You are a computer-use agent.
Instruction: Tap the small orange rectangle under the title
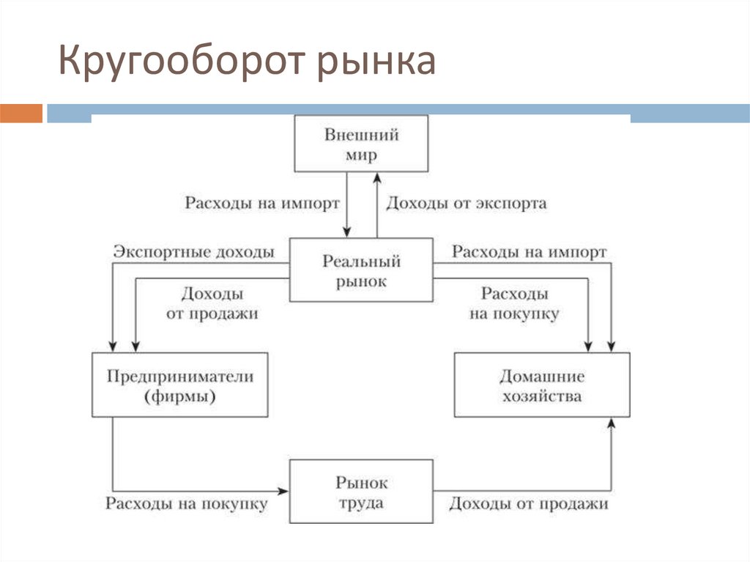[21, 113]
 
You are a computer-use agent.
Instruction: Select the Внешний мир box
[360, 144]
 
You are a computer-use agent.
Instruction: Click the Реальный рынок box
[361, 270]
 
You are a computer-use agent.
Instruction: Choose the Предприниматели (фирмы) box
[180, 385]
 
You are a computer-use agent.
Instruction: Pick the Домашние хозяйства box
[541, 385]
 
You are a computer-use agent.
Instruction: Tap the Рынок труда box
[361, 492]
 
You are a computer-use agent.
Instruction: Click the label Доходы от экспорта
[466, 203]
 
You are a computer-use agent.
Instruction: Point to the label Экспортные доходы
[194, 252]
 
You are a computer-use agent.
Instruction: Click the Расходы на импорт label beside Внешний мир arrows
[262, 203]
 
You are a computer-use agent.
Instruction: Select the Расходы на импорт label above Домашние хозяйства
[529, 252]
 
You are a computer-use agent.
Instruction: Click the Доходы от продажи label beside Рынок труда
[529, 504]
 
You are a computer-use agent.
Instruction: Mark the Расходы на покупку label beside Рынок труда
[187, 504]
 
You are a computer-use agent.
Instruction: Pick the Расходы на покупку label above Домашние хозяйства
[514, 303]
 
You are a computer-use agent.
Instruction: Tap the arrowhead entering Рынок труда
[284, 489]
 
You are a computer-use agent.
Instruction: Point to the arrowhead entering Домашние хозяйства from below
[612, 424]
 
